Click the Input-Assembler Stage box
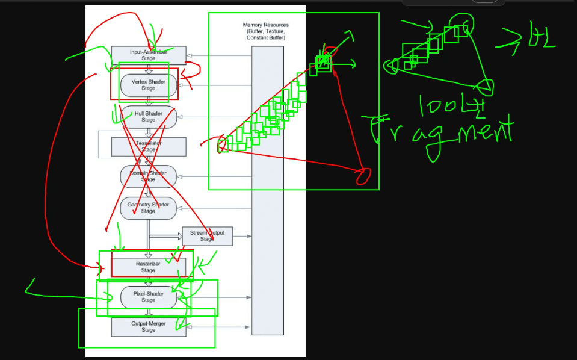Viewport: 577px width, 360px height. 149,55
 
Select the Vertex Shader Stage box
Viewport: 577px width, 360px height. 149,85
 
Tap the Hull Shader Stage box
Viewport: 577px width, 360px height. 149,117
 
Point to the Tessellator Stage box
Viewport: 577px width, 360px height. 149,146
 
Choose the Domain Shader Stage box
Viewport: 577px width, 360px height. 149,176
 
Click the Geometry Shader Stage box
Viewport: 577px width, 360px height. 149,208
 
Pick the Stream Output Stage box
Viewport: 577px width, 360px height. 207,236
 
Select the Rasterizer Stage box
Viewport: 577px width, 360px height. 149,267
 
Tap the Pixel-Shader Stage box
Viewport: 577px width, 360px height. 149,297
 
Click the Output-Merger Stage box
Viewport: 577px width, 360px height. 149,327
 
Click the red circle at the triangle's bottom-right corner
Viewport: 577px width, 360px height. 362,176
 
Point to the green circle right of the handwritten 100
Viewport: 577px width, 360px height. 486,88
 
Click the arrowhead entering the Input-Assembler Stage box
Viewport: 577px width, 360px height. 190,55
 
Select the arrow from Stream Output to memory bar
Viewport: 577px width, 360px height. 242,236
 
